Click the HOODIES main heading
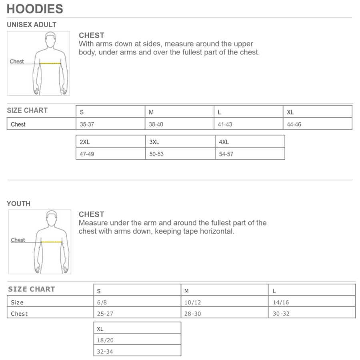point(35,8)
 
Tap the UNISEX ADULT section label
point(32,25)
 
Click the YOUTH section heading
point(18,204)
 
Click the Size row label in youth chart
point(17,302)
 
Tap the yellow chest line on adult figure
point(50,63)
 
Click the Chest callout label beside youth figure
point(18,240)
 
